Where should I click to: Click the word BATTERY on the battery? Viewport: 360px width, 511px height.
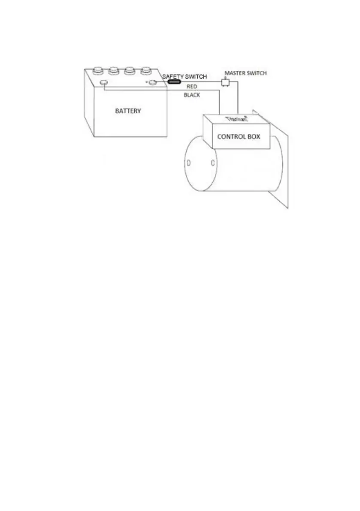pyautogui.click(x=128, y=111)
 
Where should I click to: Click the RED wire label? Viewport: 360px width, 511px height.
pyautogui.click(x=192, y=86)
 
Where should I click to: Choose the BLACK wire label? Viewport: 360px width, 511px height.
pyautogui.click(x=192, y=95)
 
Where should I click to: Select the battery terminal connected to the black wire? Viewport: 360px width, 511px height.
pyautogui.click(x=103, y=82)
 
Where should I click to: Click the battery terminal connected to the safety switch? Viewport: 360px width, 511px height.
pyautogui.click(x=153, y=82)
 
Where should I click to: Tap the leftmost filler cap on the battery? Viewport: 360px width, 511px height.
pyautogui.click(x=98, y=70)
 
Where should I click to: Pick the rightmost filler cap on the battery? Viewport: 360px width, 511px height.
pyautogui.click(x=146, y=70)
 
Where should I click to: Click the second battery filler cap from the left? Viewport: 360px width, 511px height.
pyautogui.click(x=114, y=70)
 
